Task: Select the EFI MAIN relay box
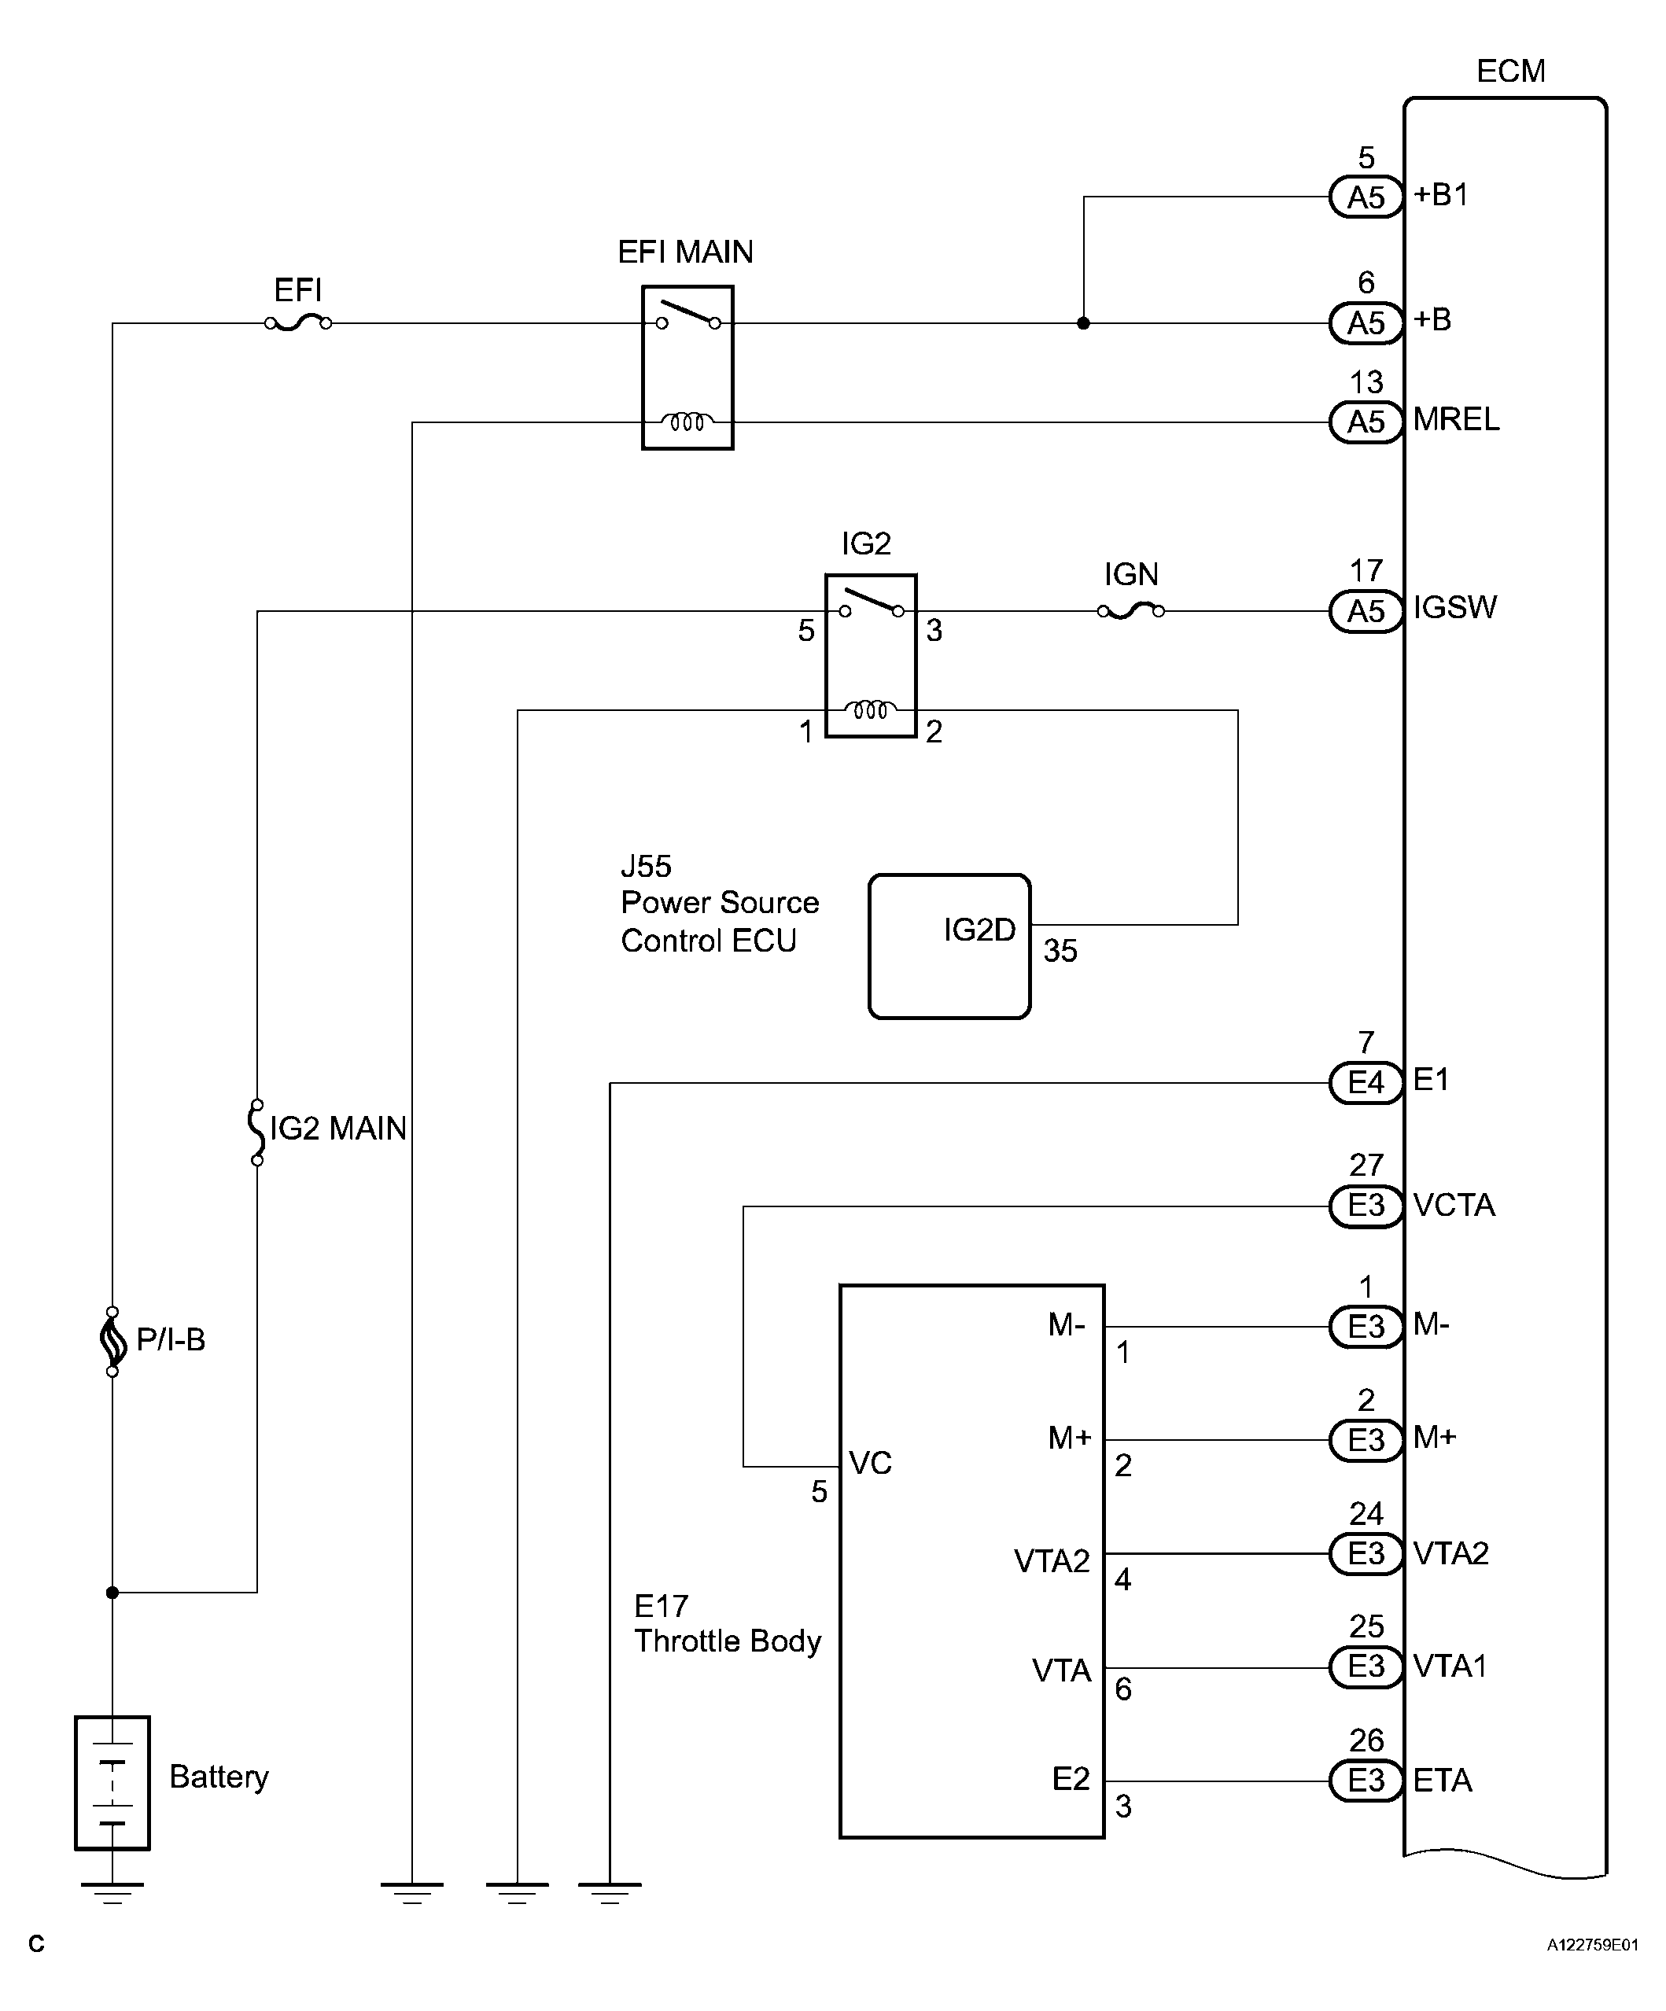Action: coord(687,368)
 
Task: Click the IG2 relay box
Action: coord(870,656)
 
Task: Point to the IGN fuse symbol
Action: coord(1130,610)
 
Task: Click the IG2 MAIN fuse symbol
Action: coord(256,1132)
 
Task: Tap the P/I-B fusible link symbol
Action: coord(112,1341)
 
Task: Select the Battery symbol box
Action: coord(112,1783)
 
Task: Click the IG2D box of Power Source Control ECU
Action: coord(949,946)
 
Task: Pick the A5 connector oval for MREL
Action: coord(1366,422)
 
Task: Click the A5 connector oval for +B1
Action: coord(1366,197)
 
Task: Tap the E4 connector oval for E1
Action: coord(1366,1082)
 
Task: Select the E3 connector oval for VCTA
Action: coord(1366,1205)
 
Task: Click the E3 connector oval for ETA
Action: coord(1366,1781)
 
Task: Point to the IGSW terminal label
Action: coord(1454,607)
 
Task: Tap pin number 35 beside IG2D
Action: coord(1060,951)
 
